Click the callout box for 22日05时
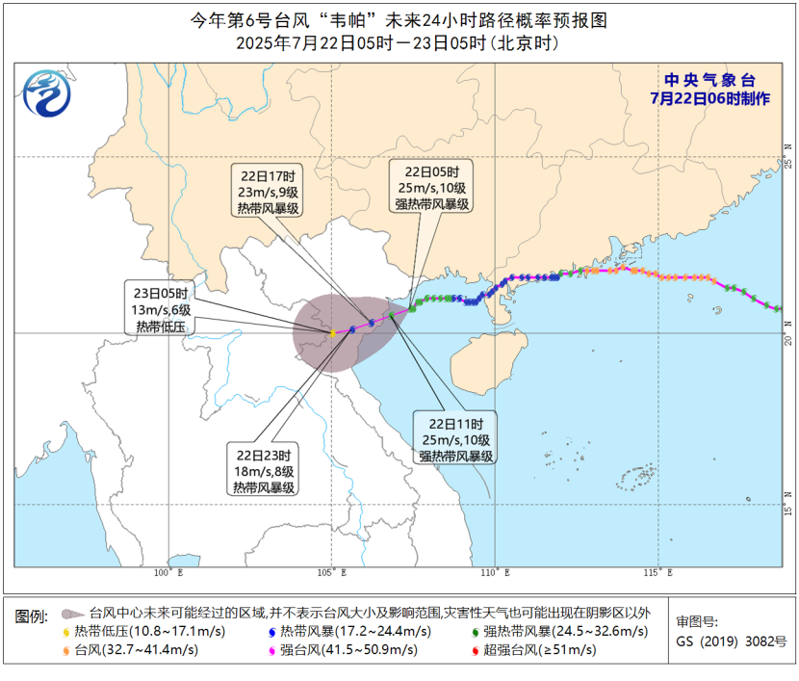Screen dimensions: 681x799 431,186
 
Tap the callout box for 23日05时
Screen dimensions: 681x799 159,308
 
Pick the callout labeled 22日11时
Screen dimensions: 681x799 456,438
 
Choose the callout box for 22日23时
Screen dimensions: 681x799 262,470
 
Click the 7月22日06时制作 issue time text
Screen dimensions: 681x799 710,98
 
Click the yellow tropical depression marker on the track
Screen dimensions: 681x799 332,333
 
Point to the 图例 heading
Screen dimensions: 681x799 32,615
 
